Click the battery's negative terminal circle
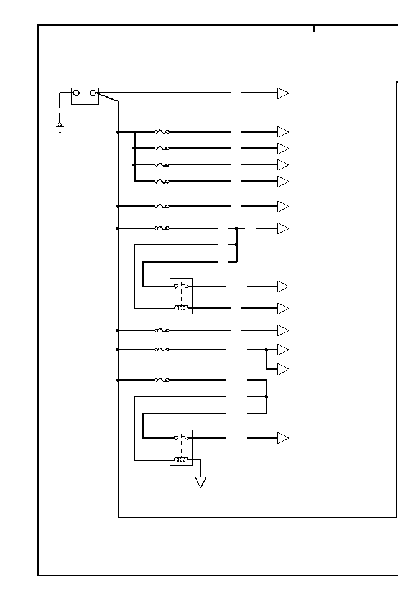click(76, 93)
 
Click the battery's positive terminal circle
click(93, 93)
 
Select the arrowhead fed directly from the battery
click(283, 93)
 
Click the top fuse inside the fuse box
click(162, 132)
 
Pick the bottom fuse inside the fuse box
click(162, 181)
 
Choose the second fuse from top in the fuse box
click(162, 148)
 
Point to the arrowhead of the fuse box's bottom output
click(283, 182)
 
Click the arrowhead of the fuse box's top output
click(283, 132)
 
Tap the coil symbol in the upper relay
click(181, 307)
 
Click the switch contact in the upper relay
click(181, 286)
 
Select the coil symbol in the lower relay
click(181, 460)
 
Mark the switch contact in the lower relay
click(181, 437)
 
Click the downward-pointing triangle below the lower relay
click(200, 482)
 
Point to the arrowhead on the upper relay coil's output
click(283, 309)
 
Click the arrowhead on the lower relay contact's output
click(283, 438)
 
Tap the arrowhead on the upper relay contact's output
click(283, 286)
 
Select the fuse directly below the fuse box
click(162, 206)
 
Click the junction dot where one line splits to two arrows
click(266, 350)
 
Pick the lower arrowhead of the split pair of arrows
click(283, 370)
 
